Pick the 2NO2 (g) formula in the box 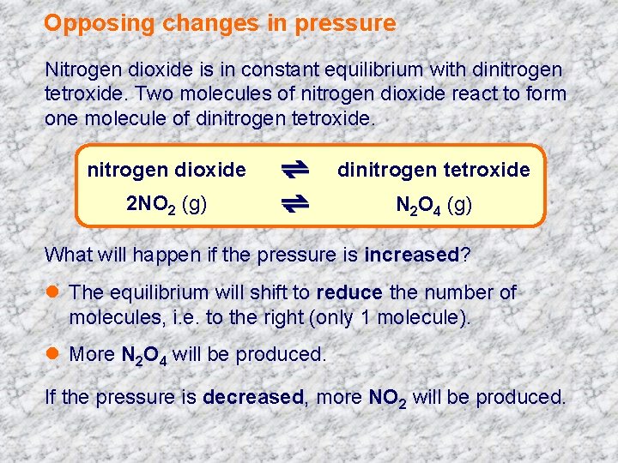coord(166,205)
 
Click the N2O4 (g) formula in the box coord(433,206)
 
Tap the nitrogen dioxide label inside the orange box coord(167,170)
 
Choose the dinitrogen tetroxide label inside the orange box coord(433,170)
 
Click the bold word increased coord(413,255)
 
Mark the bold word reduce coord(349,293)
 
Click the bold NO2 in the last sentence coord(388,398)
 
